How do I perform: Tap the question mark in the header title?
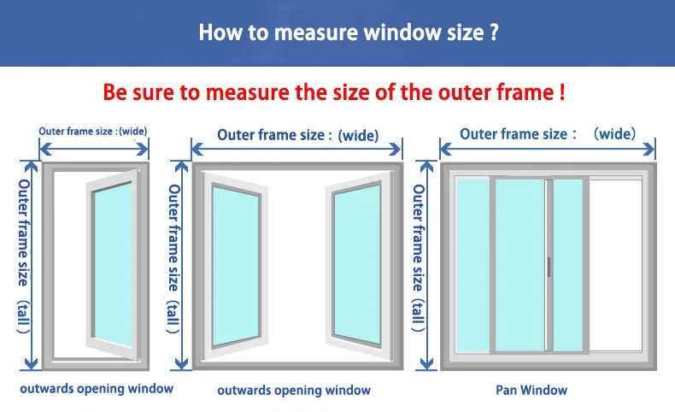point(493,33)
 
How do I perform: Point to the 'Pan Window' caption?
point(531,390)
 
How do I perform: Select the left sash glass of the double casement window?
point(237,265)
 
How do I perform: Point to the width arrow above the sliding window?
point(547,150)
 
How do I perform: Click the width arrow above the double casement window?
point(296,150)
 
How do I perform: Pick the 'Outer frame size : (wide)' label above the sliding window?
point(548,133)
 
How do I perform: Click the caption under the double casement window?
point(293,390)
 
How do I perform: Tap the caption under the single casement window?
point(97,388)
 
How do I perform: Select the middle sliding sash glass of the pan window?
point(519,265)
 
